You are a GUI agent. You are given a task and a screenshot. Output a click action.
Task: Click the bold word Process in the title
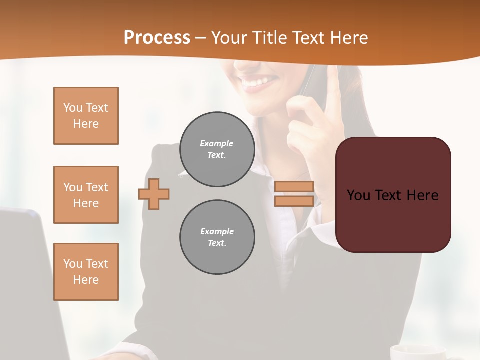157,38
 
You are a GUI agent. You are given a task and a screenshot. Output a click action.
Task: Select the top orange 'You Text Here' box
86,116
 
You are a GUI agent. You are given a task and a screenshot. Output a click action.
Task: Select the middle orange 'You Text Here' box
86,195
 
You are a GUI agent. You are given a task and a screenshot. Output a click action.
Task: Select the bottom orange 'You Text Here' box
86,272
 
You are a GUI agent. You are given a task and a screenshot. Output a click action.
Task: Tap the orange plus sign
154,194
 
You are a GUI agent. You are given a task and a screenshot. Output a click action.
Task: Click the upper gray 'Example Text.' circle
217,149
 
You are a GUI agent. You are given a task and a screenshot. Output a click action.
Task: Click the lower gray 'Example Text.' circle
217,237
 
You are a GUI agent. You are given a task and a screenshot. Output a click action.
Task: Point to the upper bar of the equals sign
294,186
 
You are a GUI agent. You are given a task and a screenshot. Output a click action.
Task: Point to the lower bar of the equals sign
294,201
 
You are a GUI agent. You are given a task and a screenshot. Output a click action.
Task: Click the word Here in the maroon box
422,195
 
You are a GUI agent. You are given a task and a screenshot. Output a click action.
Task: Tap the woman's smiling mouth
258,82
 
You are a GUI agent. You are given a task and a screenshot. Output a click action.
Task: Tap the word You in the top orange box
72,108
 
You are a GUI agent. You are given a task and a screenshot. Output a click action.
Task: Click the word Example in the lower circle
217,231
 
